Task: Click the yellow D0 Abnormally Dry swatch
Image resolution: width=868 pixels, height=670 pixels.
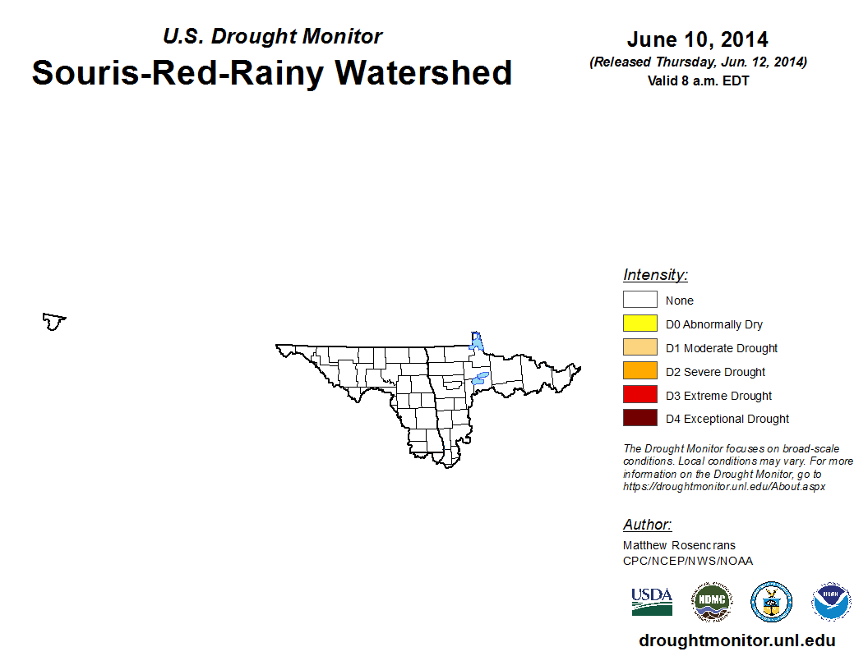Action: (640, 323)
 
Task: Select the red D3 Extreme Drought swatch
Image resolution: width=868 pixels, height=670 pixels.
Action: (640, 394)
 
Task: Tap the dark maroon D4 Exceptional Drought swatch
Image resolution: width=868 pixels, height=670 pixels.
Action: (640, 417)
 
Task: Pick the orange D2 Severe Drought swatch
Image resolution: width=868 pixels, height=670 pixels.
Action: (640, 370)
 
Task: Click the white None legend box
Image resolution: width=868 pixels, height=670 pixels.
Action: (640, 299)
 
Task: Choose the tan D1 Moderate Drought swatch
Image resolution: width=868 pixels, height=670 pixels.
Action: (640, 346)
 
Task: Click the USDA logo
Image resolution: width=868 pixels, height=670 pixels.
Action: (652, 602)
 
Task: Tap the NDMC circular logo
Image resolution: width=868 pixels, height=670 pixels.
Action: (712, 602)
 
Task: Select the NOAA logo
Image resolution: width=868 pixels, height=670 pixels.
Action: (831, 602)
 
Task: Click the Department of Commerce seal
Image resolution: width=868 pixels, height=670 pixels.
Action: (771, 602)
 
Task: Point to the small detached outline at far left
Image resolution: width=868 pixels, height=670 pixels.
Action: (54, 319)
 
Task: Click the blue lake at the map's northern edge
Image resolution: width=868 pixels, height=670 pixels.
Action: (476, 341)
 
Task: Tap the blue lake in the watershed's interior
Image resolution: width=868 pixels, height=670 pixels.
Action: (480, 379)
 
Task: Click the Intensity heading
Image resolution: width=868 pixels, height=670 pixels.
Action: (655, 275)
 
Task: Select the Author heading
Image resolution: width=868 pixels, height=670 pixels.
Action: (647, 525)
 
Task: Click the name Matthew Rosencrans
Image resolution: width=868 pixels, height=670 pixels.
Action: (679, 545)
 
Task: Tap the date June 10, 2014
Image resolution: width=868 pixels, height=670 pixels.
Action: (698, 39)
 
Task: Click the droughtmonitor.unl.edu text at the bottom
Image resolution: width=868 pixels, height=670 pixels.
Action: (736, 640)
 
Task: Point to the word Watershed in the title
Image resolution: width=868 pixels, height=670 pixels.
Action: (423, 72)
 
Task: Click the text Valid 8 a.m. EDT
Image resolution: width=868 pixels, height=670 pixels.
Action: (698, 80)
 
